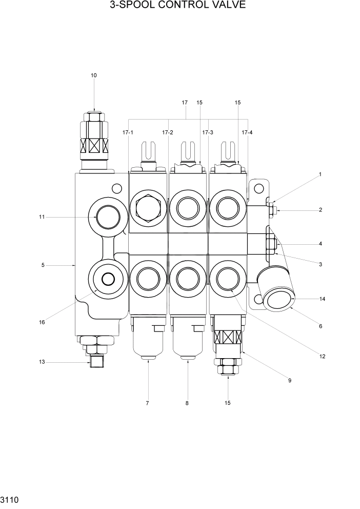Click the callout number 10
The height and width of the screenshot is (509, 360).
coord(93,75)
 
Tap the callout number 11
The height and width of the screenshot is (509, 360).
coord(42,217)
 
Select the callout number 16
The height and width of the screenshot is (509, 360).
coord(42,322)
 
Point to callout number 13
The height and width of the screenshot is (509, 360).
coord(42,362)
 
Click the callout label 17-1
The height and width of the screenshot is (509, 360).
coord(128,132)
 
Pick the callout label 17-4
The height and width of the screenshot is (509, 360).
coord(247,132)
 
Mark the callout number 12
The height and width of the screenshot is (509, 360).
coord(322,356)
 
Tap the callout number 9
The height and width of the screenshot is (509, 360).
coord(290,380)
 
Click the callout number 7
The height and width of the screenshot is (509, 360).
coord(147,403)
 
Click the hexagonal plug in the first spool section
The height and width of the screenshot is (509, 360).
coord(148,208)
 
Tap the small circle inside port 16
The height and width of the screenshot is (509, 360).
coord(108,279)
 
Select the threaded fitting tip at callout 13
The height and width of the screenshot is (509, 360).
coord(93,363)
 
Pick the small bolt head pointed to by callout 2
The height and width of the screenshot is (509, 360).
coord(275,210)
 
